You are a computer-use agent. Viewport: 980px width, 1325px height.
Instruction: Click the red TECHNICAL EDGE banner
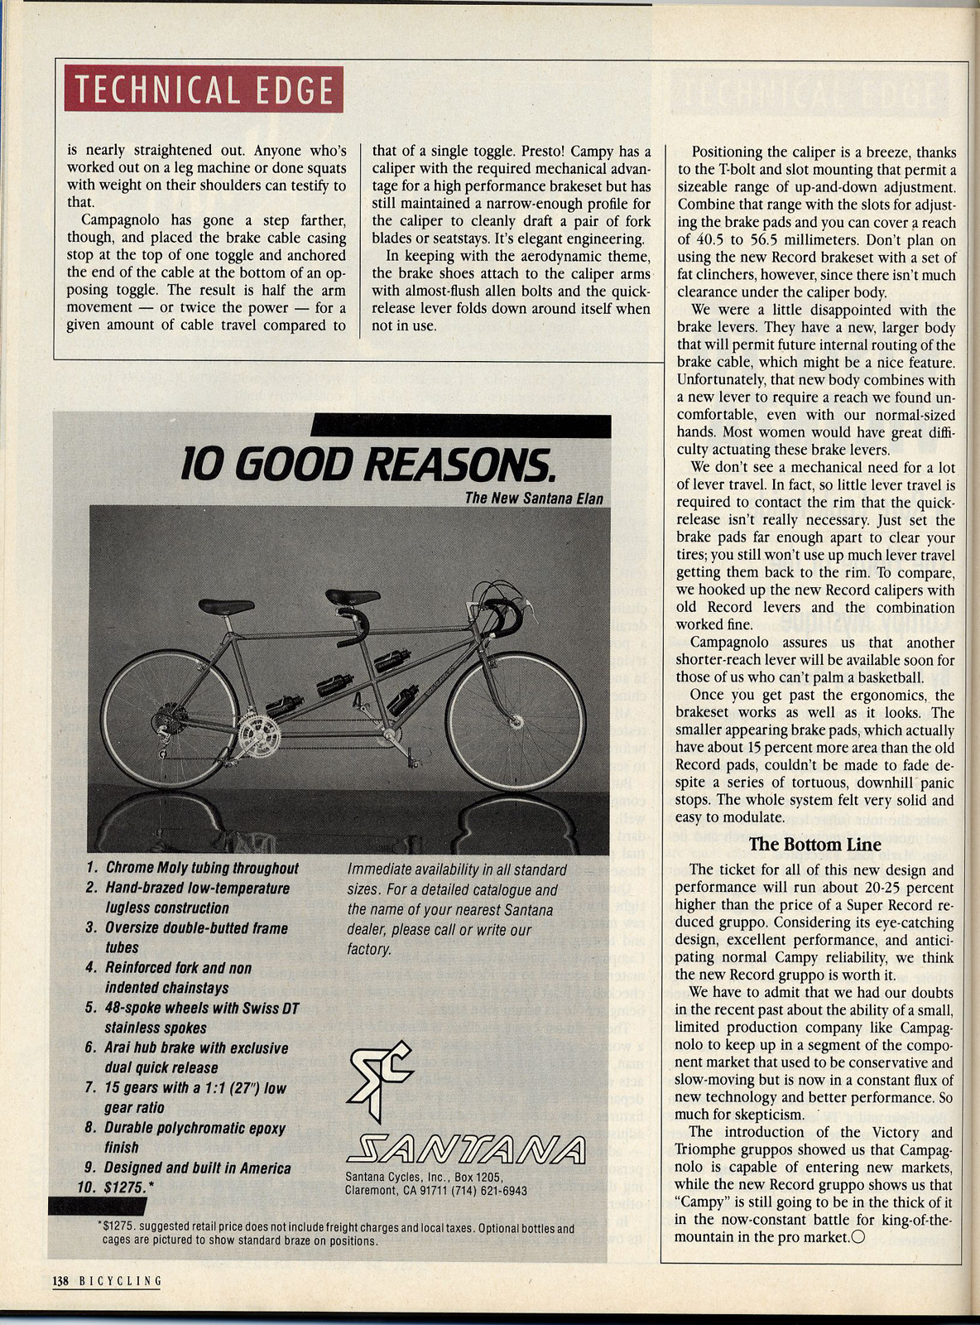click(x=203, y=90)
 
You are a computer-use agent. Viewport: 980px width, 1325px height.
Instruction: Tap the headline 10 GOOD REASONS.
click(x=367, y=464)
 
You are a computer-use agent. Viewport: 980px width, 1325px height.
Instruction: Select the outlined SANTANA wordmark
click(x=465, y=1149)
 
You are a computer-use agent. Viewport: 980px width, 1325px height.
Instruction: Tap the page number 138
click(x=60, y=1280)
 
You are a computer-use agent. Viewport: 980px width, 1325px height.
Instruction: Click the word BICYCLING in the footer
click(x=120, y=1280)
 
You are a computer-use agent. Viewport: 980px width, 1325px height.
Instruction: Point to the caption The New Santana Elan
click(x=533, y=498)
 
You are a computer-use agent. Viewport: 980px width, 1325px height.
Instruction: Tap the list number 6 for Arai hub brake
click(x=91, y=1048)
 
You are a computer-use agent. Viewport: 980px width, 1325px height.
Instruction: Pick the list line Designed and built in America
click(x=197, y=1168)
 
